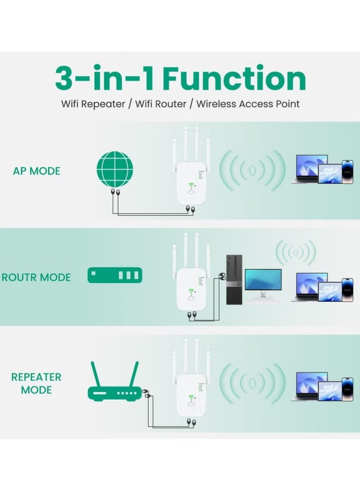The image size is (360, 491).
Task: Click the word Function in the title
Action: click(234, 79)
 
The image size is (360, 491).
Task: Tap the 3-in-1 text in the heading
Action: click(105, 79)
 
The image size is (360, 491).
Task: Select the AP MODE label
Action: click(36, 171)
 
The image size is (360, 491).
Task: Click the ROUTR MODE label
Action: click(36, 277)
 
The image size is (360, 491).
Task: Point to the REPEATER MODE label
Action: click(36, 383)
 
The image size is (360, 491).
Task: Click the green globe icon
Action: click(115, 168)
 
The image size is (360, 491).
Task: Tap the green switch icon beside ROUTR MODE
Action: click(115, 275)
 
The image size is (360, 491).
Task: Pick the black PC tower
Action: click(234, 279)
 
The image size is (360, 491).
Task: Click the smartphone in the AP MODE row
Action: click(347, 172)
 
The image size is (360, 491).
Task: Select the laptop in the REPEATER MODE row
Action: click(309, 385)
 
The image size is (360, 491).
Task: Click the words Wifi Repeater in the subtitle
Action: click(93, 104)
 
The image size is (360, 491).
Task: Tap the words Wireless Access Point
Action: click(248, 104)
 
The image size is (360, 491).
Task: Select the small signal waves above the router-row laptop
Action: click(296, 252)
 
